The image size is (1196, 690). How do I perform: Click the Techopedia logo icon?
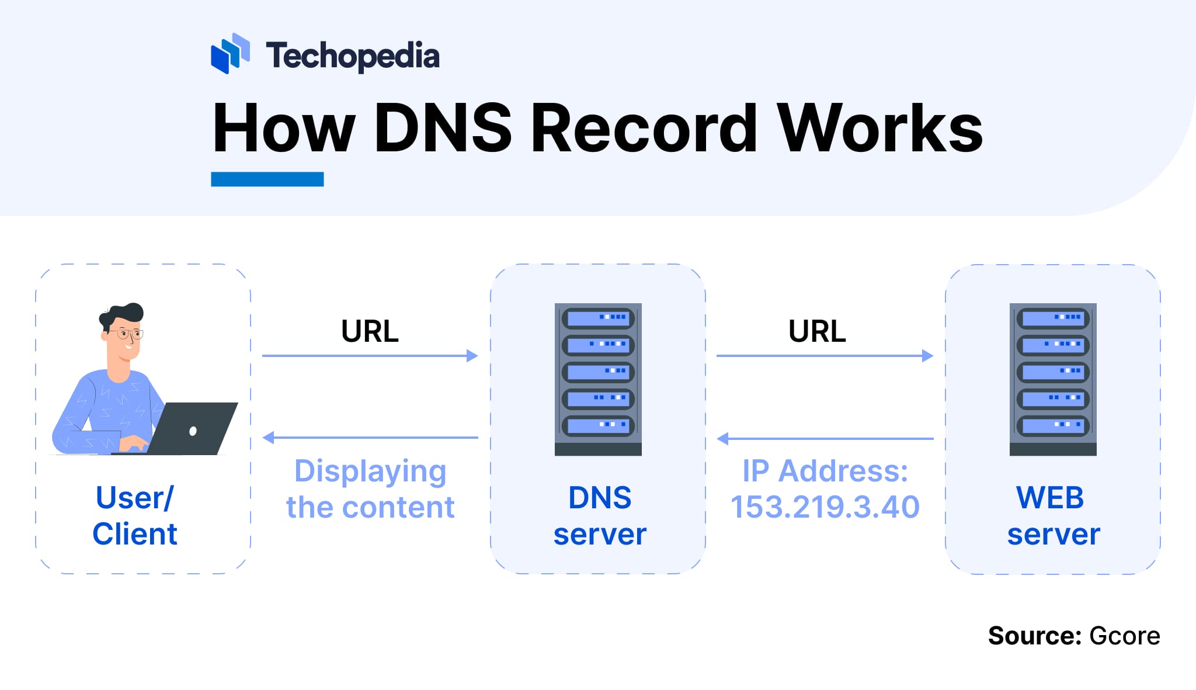pyautogui.click(x=230, y=54)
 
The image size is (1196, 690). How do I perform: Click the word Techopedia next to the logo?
pyautogui.click(x=353, y=56)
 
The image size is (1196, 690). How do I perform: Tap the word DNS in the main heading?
pyautogui.click(x=442, y=128)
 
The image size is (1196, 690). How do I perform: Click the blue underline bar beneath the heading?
pyautogui.click(x=267, y=179)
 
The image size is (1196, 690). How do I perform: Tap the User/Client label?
pyautogui.click(x=135, y=515)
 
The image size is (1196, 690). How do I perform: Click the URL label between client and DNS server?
pyautogui.click(x=370, y=331)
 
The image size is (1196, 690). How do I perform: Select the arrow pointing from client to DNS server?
pyautogui.click(x=370, y=356)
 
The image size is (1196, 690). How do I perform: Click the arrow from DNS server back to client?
pyautogui.click(x=370, y=437)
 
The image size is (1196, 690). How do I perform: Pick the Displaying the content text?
pyautogui.click(x=370, y=488)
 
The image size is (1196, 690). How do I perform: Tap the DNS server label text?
pyautogui.click(x=600, y=515)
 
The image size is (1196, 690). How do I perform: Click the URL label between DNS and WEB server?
pyautogui.click(x=817, y=331)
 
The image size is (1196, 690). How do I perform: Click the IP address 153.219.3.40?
pyautogui.click(x=825, y=507)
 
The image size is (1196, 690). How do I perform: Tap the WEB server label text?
pyautogui.click(x=1053, y=515)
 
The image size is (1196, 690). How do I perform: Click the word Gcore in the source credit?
pyautogui.click(x=1124, y=636)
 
